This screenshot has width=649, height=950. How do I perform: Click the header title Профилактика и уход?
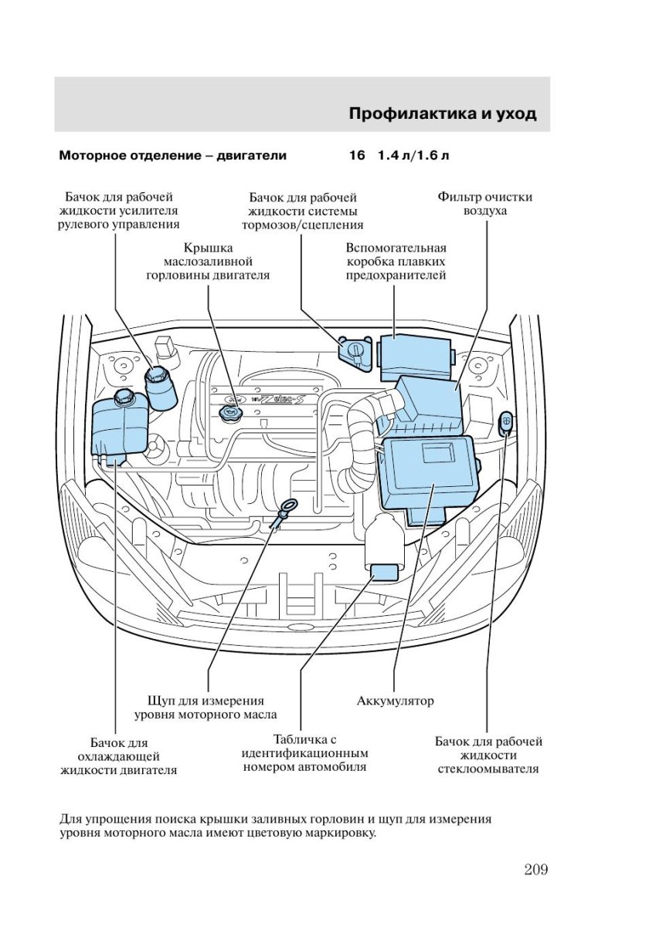[x=442, y=114]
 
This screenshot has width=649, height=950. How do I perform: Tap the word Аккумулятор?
[x=395, y=702]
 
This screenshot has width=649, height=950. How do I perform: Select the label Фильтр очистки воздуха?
[x=484, y=204]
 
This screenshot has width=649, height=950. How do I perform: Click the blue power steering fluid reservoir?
[x=161, y=388]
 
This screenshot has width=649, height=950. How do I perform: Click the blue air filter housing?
[x=429, y=404]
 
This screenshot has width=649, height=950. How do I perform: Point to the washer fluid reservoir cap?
[x=506, y=422]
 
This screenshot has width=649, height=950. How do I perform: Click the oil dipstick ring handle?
[x=288, y=507]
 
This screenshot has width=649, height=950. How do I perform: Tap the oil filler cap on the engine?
[x=229, y=415]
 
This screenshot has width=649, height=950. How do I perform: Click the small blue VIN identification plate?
[x=384, y=572]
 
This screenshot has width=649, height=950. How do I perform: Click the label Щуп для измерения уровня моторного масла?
[x=205, y=708]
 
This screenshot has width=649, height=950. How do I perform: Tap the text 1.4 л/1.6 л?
[x=413, y=155]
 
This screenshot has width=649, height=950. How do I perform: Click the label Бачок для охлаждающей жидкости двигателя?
[x=118, y=756]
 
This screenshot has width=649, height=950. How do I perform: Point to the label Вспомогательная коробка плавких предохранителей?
[x=396, y=262]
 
